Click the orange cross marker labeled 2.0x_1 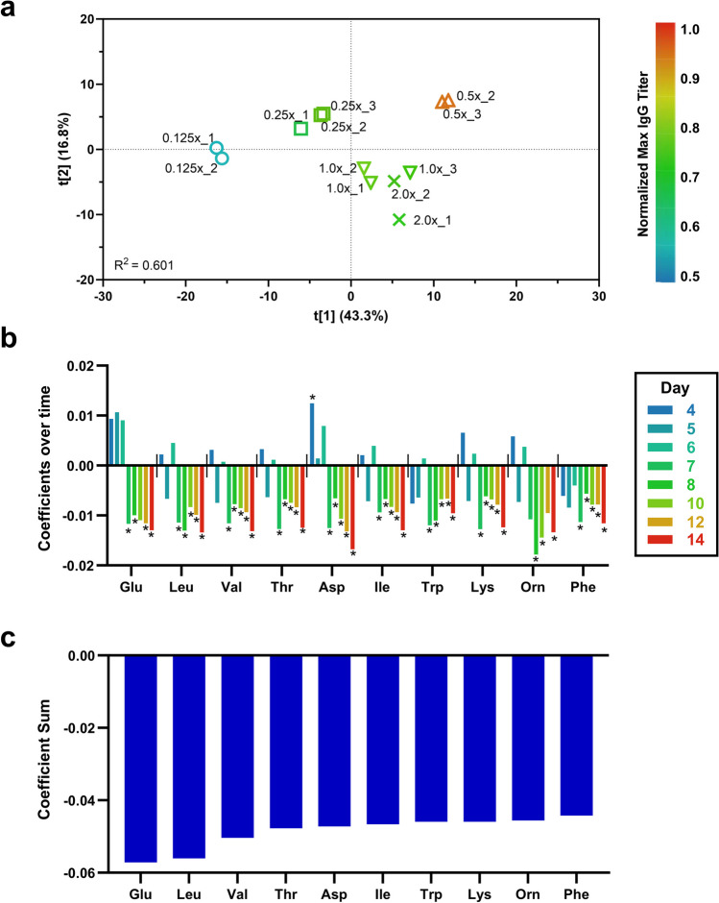398,220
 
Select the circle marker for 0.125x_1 216,148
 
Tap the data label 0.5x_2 475,96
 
